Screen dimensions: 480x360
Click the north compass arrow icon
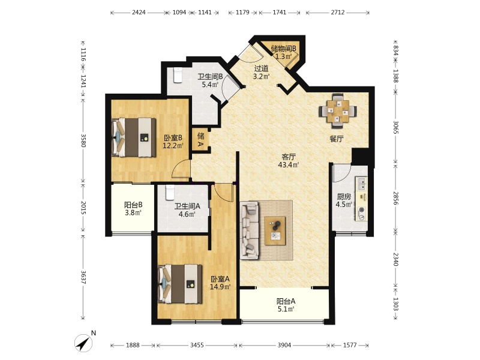coord(83,343)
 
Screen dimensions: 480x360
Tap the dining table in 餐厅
coord(338,110)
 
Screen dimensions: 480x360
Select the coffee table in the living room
coord(275,230)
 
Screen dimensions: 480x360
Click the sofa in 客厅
coord(250,230)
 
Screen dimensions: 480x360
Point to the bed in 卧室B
coord(134,137)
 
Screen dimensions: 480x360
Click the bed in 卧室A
coord(180,284)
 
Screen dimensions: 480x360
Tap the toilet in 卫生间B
coord(178,75)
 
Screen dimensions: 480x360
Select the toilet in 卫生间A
coord(170,193)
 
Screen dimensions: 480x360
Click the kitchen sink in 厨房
coord(361,184)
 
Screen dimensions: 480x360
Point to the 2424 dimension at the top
coord(139,13)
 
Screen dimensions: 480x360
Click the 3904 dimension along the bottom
coord(284,346)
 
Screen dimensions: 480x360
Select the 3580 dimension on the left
coord(83,140)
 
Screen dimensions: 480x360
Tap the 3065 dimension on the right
coord(396,127)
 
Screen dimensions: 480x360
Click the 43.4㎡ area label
coord(289,165)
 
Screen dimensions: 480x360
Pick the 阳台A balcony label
coord(286,301)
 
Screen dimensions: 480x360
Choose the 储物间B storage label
coord(283,49)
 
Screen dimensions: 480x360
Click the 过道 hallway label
coord(261,68)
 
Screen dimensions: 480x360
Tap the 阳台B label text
coord(133,205)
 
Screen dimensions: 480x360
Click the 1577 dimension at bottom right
coord(350,346)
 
